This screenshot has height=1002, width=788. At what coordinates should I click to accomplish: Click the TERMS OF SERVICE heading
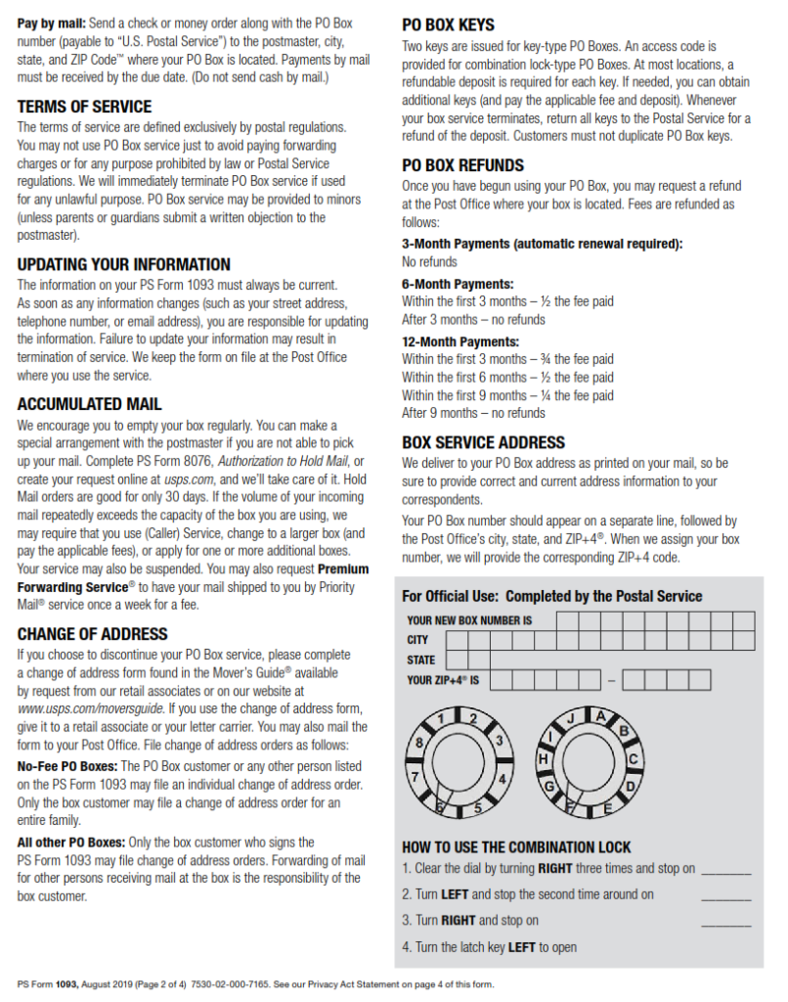(x=84, y=107)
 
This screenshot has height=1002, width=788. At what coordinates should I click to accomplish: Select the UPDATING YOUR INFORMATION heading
(x=123, y=264)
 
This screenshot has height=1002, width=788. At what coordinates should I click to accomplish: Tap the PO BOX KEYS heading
(x=448, y=25)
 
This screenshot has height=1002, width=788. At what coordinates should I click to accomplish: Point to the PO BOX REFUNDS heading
(x=462, y=165)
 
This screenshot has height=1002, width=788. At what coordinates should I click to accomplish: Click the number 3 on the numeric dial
(x=498, y=742)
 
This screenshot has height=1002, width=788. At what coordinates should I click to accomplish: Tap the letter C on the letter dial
(x=633, y=758)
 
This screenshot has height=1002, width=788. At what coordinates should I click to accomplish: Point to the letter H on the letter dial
(x=543, y=759)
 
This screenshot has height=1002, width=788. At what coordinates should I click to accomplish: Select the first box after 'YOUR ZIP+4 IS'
(x=499, y=680)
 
